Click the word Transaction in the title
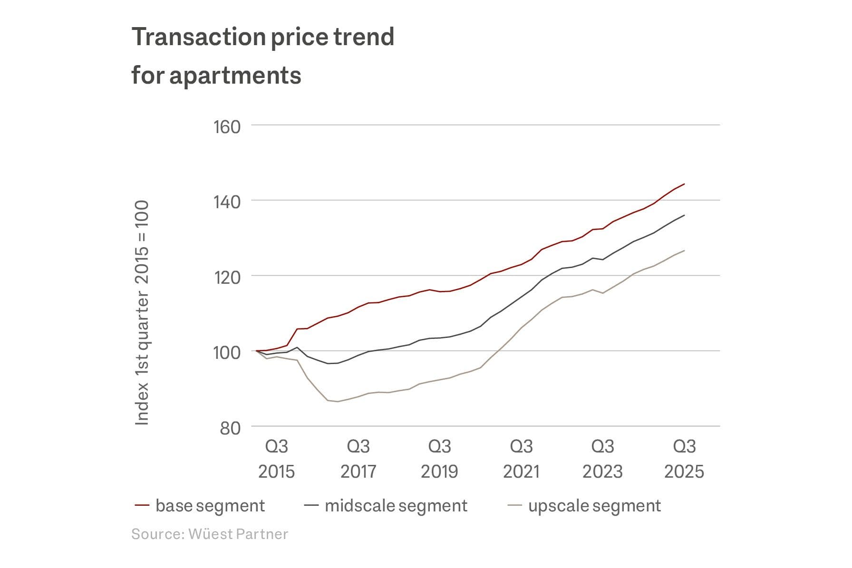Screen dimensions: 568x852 point(199,37)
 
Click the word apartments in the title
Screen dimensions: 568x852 point(235,76)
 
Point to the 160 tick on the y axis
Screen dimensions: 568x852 point(227,127)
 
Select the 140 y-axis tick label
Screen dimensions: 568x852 point(227,202)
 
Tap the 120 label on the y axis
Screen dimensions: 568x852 point(227,277)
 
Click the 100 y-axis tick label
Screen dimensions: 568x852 point(227,353)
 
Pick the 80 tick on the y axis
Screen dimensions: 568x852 point(230,428)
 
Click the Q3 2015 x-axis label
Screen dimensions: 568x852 point(277,459)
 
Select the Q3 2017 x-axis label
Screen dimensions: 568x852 point(358,459)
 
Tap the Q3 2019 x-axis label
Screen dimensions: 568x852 point(439,459)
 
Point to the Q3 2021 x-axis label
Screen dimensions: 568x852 point(521,459)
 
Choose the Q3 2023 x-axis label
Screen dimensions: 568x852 point(602,459)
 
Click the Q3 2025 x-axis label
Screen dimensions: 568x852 point(684,459)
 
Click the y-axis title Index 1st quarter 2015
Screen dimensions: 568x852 point(142,312)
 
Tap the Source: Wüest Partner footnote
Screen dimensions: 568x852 point(210,534)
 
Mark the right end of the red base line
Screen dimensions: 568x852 point(684,184)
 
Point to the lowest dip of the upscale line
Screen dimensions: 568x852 point(338,402)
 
